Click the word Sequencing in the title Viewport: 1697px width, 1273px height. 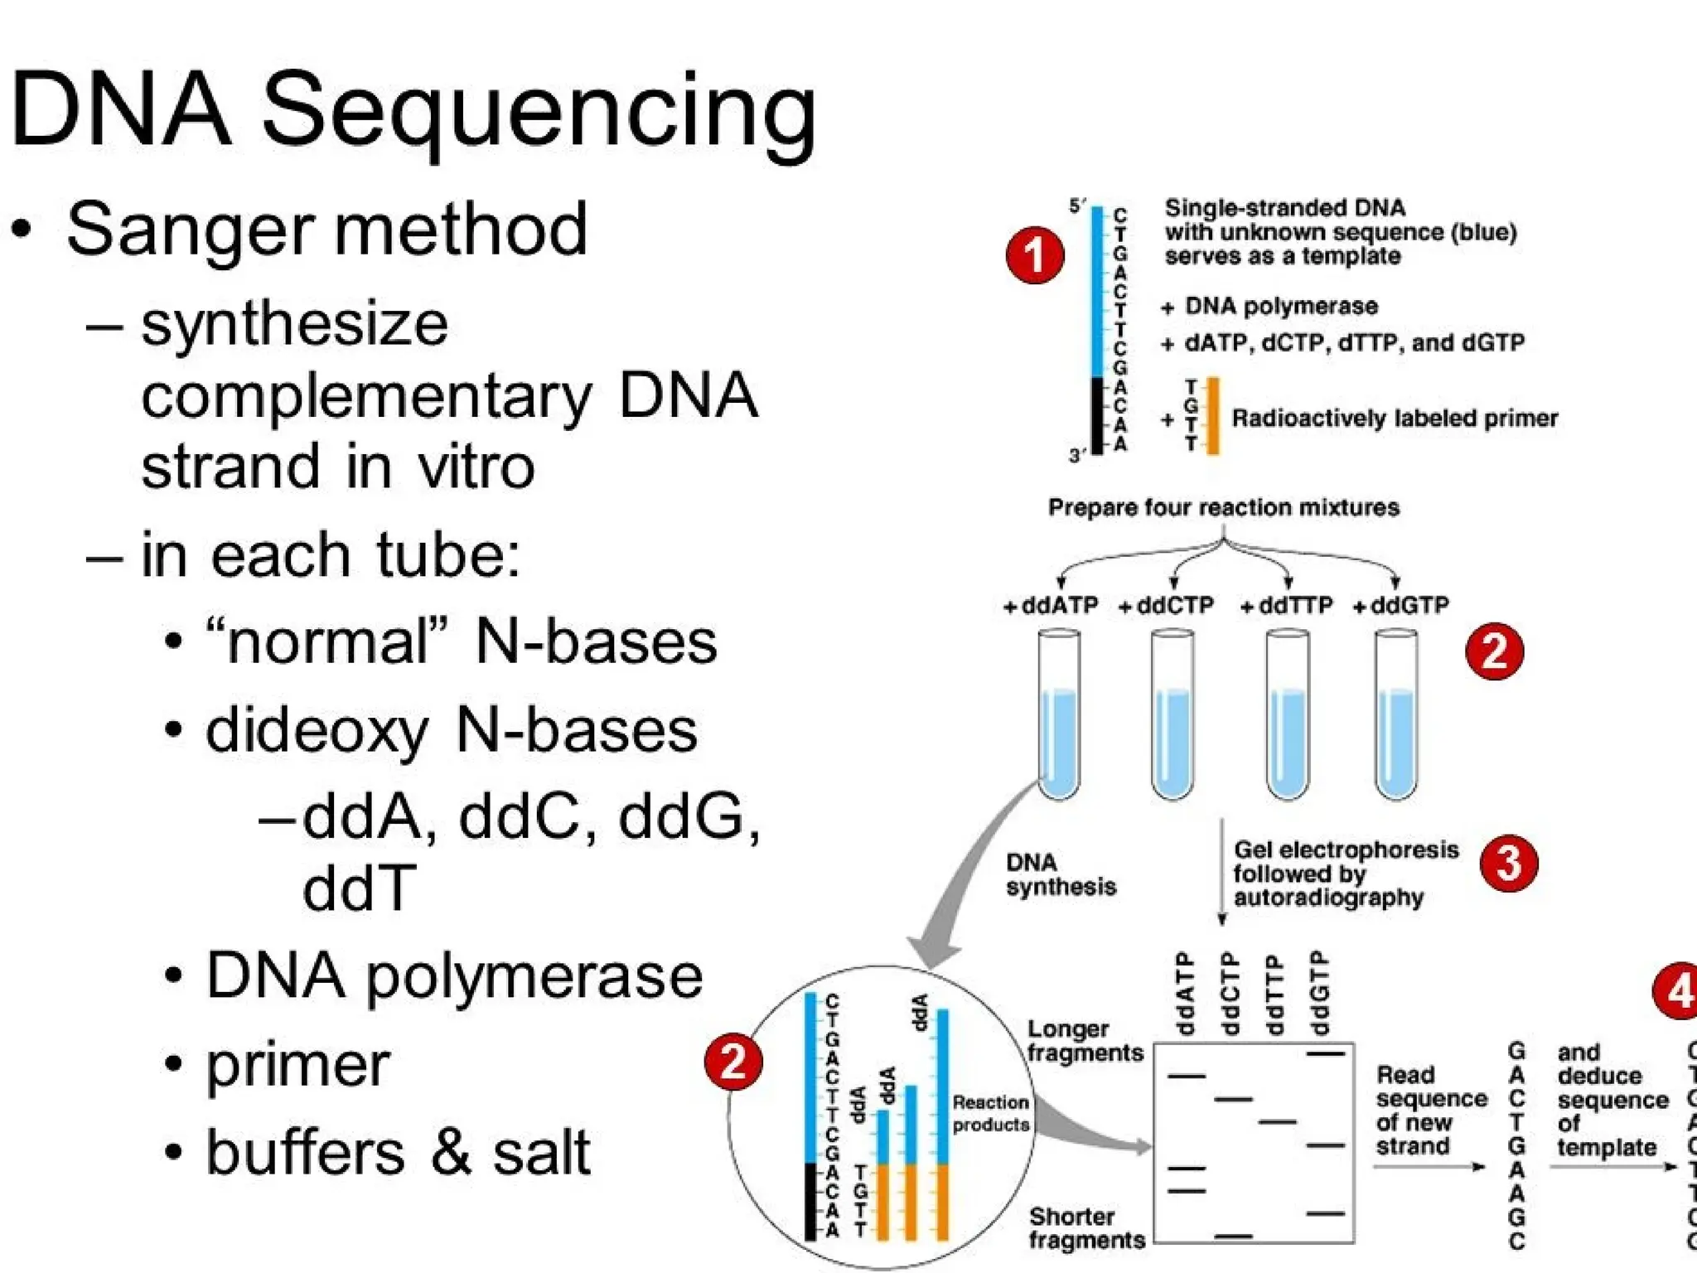point(539,112)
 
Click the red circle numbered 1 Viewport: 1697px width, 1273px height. point(1034,254)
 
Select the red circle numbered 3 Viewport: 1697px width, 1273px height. point(1508,863)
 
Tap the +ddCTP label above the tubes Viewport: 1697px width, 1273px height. point(1166,606)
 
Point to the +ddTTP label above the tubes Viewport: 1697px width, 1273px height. point(1286,606)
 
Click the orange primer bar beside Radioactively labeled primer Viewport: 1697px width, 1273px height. point(1212,415)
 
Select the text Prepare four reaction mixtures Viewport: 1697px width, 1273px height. point(1223,507)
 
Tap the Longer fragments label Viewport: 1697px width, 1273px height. point(1084,1041)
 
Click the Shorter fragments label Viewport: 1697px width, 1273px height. point(1086,1228)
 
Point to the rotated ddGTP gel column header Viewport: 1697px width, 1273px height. point(1318,992)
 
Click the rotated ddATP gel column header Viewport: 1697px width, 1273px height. point(1186,992)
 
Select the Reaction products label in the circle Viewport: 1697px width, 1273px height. point(990,1113)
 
